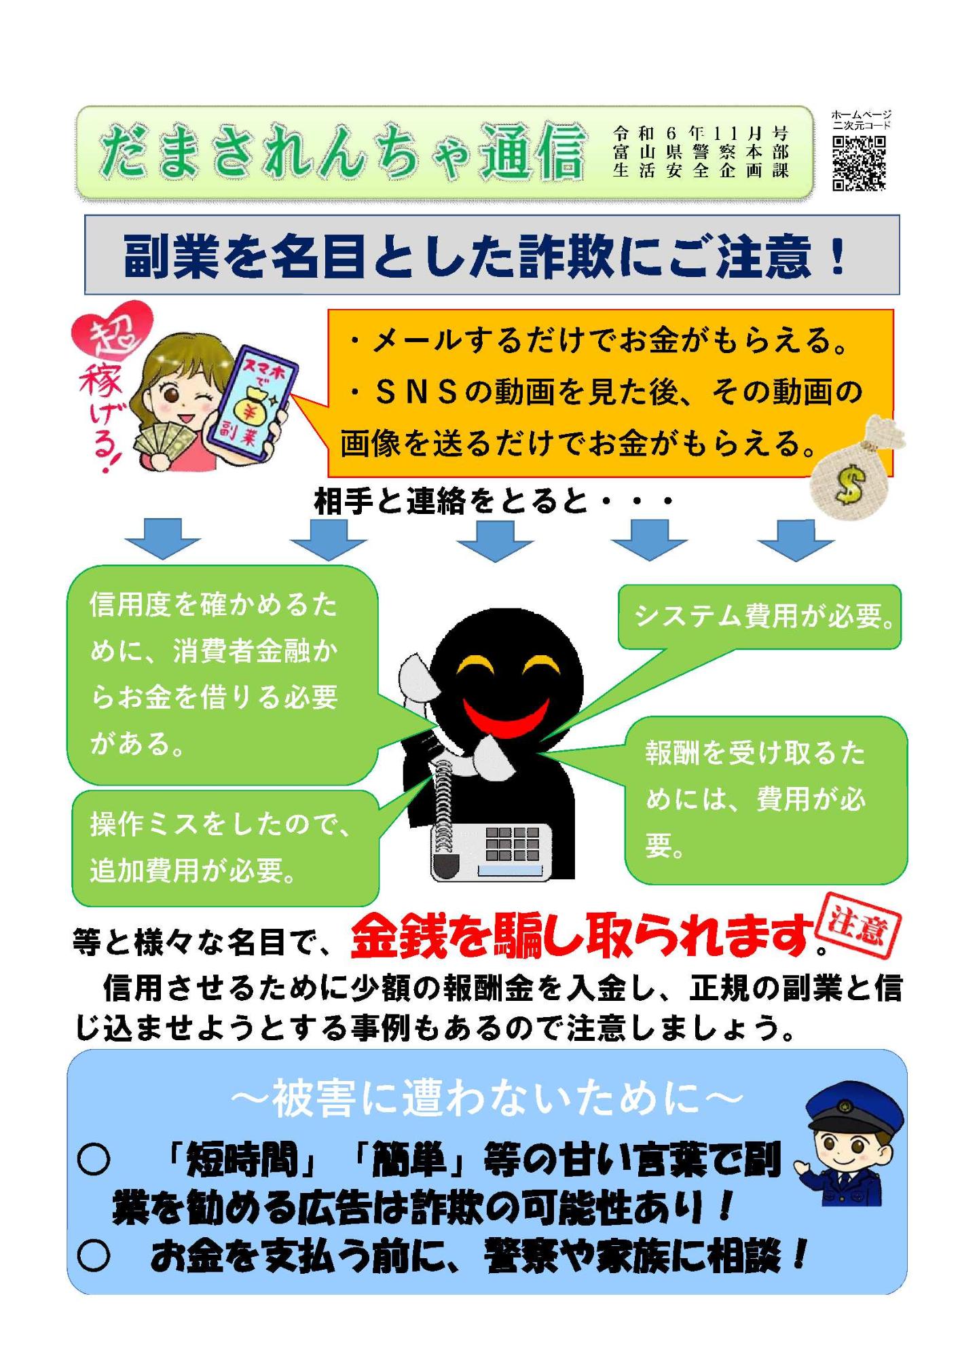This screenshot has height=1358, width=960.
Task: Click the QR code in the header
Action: click(x=859, y=163)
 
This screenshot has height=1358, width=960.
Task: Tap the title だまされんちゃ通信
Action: click(x=341, y=152)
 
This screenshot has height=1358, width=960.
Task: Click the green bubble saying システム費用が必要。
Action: click(x=759, y=617)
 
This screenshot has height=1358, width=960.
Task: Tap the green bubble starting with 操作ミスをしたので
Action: click(x=225, y=847)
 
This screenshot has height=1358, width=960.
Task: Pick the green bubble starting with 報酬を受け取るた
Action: click(x=766, y=800)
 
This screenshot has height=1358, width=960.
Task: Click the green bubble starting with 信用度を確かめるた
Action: click(x=222, y=675)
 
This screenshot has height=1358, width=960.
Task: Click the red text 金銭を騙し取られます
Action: click(x=583, y=936)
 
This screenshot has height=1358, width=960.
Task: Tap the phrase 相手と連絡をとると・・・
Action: click(x=494, y=502)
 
